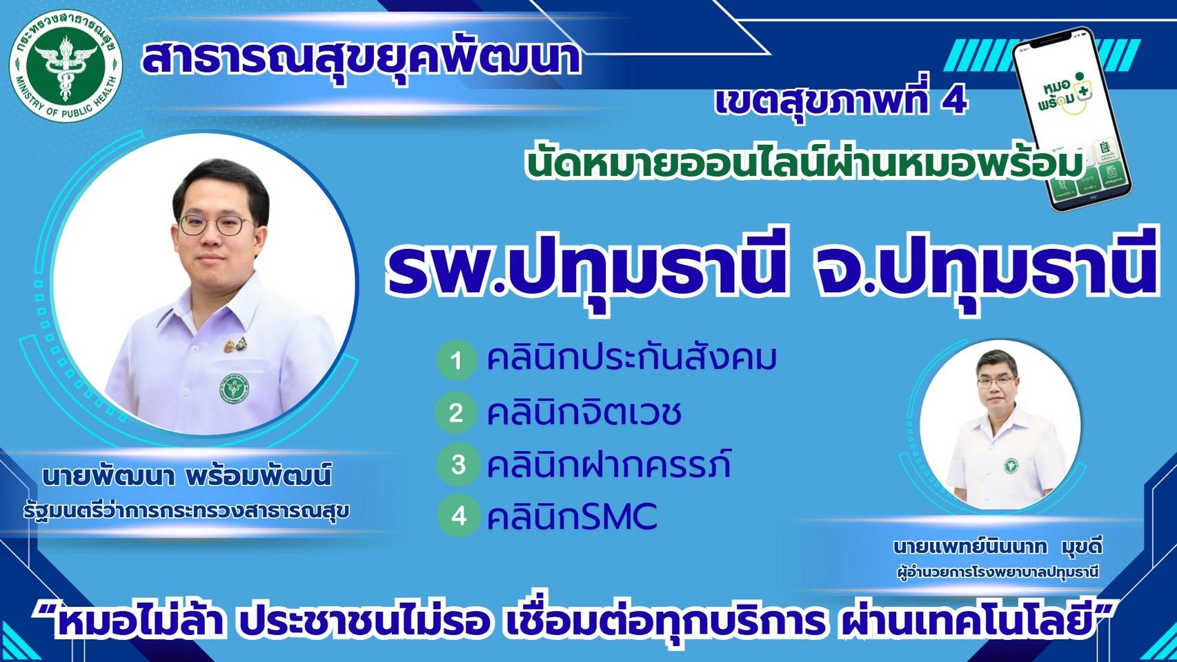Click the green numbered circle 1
(x=456, y=361)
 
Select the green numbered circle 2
(x=456, y=413)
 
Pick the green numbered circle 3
(x=458, y=465)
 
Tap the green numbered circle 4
(x=459, y=516)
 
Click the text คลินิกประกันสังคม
(x=631, y=359)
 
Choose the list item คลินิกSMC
(x=572, y=516)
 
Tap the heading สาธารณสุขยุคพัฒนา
(x=361, y=59)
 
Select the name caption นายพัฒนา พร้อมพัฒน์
(x=186, y=476)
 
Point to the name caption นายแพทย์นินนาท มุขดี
(x=997, y=548)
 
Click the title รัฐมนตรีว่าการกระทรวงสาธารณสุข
(x=186, y=512)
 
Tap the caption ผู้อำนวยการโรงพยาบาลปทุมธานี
(x=997, y=572)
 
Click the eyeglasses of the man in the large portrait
(x=215, y=224)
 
